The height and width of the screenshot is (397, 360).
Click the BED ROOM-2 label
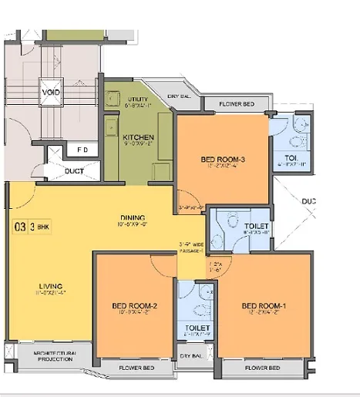point(134,306)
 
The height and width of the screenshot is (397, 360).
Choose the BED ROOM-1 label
point(264,306)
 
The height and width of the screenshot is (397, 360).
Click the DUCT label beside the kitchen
point(75,171)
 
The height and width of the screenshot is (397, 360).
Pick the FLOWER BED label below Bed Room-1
point(261,368)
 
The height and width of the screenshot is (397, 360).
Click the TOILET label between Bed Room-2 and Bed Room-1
point(196,328)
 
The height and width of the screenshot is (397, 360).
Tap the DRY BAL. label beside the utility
point(180,96)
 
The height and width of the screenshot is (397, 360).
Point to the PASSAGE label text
point(190,251)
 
